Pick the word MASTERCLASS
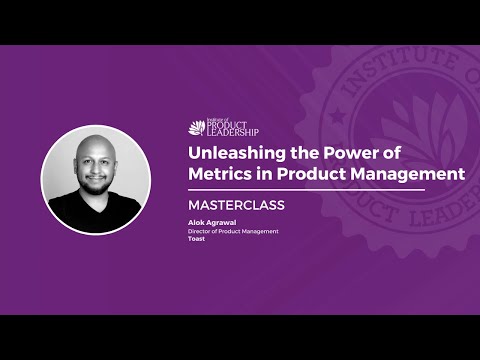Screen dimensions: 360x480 tap(237, 205)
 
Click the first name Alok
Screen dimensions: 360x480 tap(197, 224)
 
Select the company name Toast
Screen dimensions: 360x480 tap(197, 240)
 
